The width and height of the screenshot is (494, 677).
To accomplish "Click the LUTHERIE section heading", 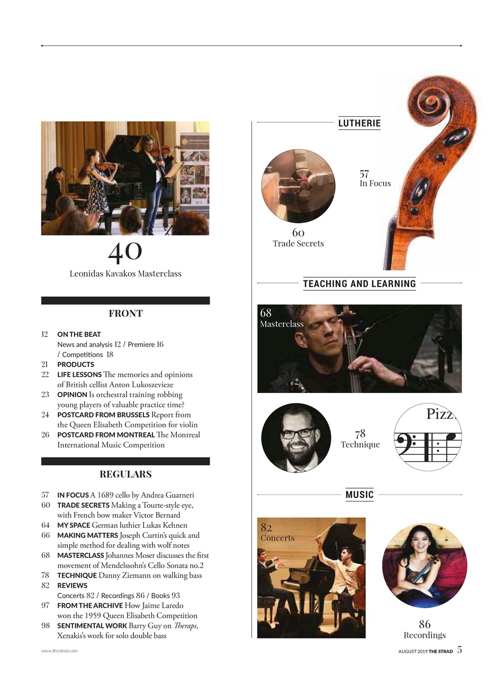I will pyautogui.click(x=359, y=123).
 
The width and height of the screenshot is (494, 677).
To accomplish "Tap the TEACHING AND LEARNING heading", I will pyautogui.click(x=359, y=283).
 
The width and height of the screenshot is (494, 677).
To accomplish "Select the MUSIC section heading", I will pyautogui.click(x=360, y=495).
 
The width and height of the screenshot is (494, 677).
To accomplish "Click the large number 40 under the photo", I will pyautogui.click(x=125, y=252).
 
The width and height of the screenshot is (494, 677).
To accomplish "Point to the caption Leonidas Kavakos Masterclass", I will pyautogui.click(x=125, y=273).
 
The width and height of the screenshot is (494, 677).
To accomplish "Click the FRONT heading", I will pyautogui.click(x=125, y=314).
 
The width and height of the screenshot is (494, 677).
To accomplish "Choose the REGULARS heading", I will pyautogui.click(x=125, y=474).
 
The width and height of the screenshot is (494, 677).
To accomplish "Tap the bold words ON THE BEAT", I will pyautogui.click(x=79, y=334).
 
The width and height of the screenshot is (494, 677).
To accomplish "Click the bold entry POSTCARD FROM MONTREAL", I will pyautogui.click(x=106, y=435).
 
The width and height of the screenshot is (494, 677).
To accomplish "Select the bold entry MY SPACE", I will pyautogui.click(x=74, y=525).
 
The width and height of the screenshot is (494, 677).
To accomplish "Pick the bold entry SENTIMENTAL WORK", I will pyautogui.click(x=92, y=626).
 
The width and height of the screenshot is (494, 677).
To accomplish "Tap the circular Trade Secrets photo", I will pyautogui.click(x=298, y=186).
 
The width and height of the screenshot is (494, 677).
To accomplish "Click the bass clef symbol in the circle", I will pyautogui.click(x=408, y=441).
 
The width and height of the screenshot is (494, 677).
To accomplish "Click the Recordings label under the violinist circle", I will pyautogui.click(x=425, y=635).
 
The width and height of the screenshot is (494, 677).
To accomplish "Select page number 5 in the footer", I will pyautogui.click(x=459, y=650).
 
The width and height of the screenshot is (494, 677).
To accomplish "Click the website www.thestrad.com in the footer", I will pyautogui.click(x=59, y=651).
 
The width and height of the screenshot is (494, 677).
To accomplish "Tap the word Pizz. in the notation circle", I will pyautogui.click(x=440, y=414).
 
